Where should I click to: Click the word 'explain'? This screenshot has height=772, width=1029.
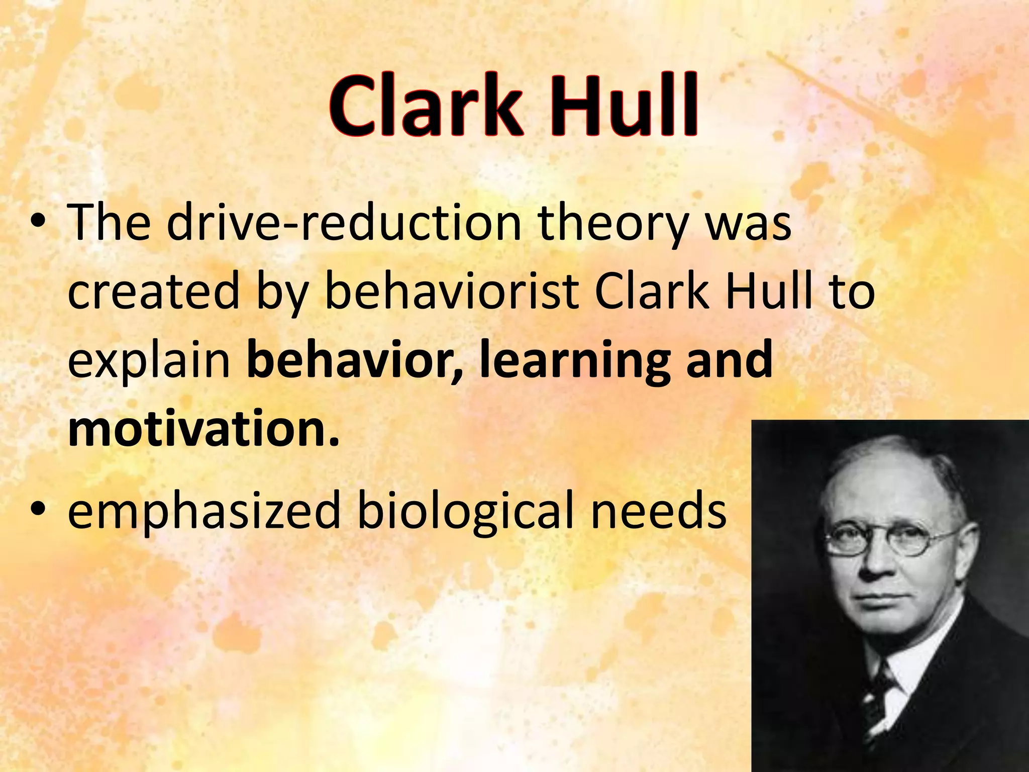[x=149, y=363]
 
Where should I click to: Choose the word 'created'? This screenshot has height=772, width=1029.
[x=153, y=292]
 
